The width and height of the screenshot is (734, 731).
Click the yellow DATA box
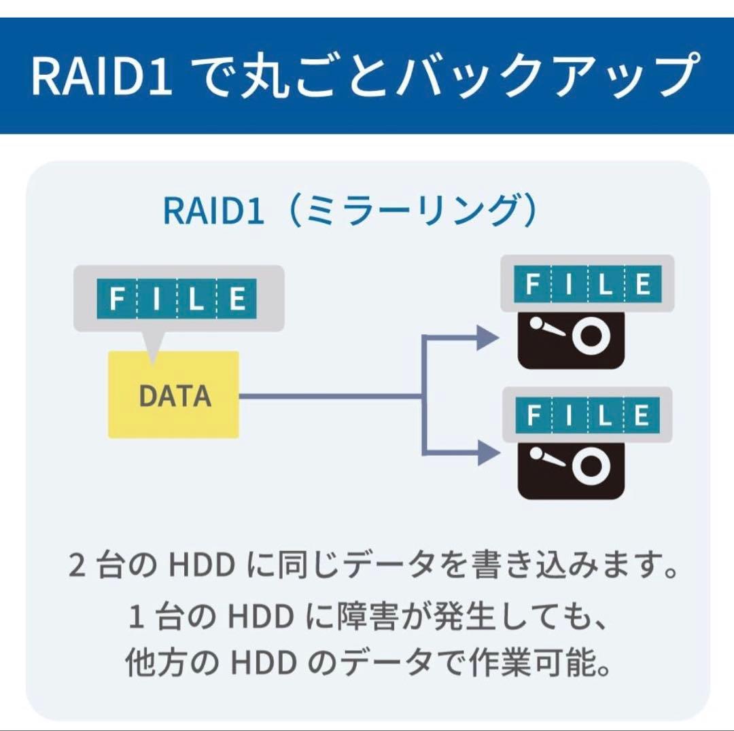point(173,395)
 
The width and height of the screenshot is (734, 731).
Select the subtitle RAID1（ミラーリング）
point(350,211)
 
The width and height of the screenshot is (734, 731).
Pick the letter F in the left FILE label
point(117,299)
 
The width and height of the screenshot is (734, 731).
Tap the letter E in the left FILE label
point(237,299)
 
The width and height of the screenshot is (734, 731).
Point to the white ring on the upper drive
point(589,336)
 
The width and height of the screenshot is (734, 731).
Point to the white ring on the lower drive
point(589,465)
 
